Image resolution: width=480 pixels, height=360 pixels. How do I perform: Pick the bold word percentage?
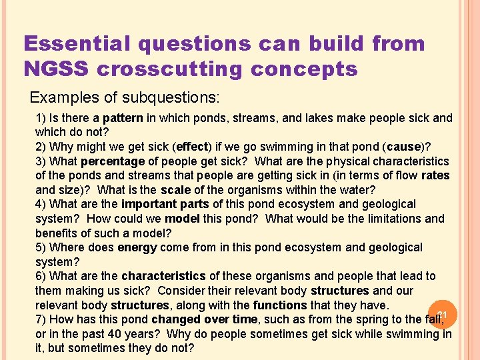pos(113,161)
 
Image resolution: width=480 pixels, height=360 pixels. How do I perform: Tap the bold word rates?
pos(435,176)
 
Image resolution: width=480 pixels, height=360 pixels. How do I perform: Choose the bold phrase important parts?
pos(159,204)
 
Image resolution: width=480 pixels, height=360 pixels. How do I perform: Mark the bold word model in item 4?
pos(183,219)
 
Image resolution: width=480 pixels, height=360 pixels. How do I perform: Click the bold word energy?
pos(137,247)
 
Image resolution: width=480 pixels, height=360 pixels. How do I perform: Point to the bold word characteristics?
pos(163,276)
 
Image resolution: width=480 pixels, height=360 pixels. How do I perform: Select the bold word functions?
pos(279,305)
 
